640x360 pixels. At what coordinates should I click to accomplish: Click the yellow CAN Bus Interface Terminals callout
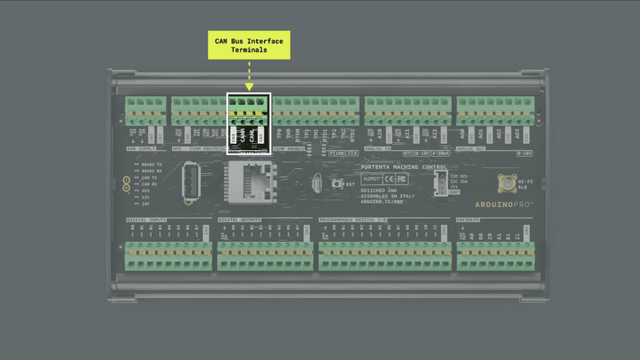pyautogui.click(x=249, y=46)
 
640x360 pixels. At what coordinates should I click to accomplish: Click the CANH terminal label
pyautogui.click(x=243, y=134)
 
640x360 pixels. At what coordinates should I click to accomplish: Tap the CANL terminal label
pyautogui.click(x=252, y=134)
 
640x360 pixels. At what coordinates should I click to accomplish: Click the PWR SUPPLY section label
pyautogui.click(x=142, y=149)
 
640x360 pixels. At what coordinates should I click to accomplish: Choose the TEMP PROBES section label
pyautogui.click(x=289, y=149)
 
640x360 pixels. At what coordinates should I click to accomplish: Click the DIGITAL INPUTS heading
pyautogui.click(x=147, y=220)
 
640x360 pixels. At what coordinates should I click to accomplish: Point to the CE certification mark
pyautogui.click(x=388, y=178)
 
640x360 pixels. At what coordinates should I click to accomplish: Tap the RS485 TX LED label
pyautogui.click(x=152, y=164)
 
